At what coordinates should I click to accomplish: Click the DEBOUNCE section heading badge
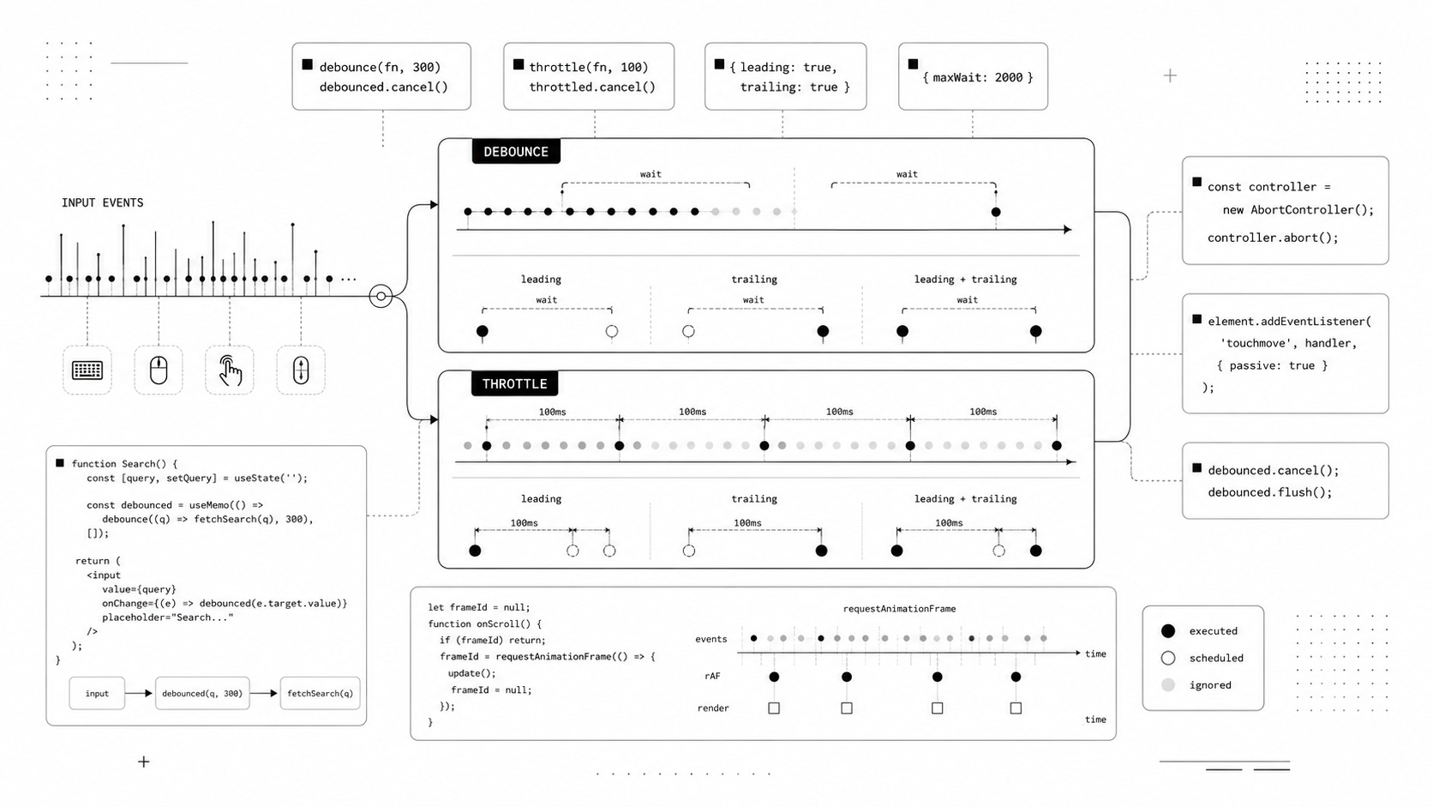(x=516, y=152)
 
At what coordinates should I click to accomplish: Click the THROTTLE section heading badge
(x=514, y=384)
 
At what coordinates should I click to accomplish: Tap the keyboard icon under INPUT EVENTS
(x=87, y=370)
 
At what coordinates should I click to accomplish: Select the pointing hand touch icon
(x=230, y=370)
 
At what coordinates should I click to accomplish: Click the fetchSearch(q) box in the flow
(x=320, y=693)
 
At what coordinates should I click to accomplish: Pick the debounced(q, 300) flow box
(x=202, y=693)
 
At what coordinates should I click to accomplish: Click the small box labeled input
(x=97, y=693)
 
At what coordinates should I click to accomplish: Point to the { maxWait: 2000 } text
(x=978, y=77)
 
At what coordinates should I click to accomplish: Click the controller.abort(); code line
(x=1273, y=238)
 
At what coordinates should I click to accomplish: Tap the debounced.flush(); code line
(x=1270, y=492)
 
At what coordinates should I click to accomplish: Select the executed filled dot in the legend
(x=1168, y=631)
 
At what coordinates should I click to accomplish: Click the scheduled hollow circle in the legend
(x=1168, y=658)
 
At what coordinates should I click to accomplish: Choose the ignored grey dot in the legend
(x=1168, y=684)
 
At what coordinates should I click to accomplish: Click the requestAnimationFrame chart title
(x=899, y=609)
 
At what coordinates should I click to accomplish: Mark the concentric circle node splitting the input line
(x=381, y=297)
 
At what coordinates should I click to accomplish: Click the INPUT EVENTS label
(x=102, y=203)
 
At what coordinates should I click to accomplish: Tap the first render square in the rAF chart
(x=774, y=708)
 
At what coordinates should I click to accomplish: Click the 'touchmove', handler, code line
(x=1288, y=343)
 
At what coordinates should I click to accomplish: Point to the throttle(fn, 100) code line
(x=589, y=67)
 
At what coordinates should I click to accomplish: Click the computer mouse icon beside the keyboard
(x=159, y=370)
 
